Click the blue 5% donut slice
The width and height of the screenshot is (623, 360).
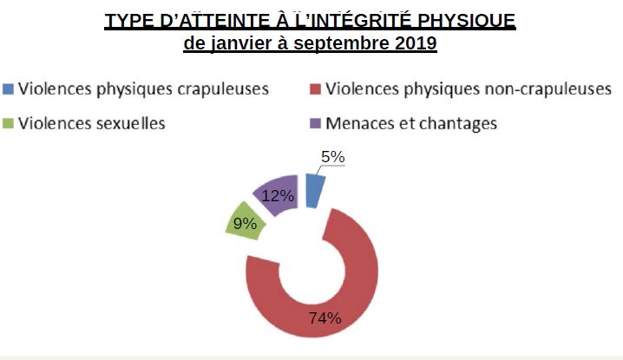click(x=315, y=188)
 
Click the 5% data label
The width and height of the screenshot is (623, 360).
click(x=333, y=158)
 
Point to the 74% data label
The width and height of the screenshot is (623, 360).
click(x=325, y=317)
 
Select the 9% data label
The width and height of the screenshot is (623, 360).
click(x=246, y=224)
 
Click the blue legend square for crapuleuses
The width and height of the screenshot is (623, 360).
click(x=9, y=88)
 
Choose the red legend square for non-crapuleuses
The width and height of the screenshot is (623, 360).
click(x=315, y=88)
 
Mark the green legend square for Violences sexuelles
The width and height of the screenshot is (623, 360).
click(x=9, y=123)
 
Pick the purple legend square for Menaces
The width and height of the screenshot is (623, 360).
click(x=315, y=123)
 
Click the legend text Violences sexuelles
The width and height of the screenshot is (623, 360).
click(x=92, y=123)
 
